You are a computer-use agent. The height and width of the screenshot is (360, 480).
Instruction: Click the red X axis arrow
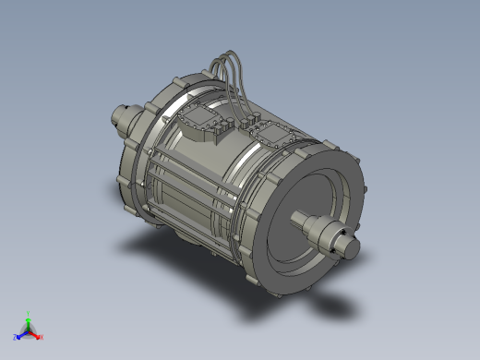pos(37,334)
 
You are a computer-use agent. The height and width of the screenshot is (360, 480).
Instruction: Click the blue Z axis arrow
pos(20,333)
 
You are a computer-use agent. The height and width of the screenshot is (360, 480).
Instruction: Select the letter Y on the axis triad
pos(30,313)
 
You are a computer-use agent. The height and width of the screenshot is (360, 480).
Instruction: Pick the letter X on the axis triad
pos(42,338)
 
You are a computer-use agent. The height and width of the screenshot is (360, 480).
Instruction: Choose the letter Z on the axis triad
pos(15,337)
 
